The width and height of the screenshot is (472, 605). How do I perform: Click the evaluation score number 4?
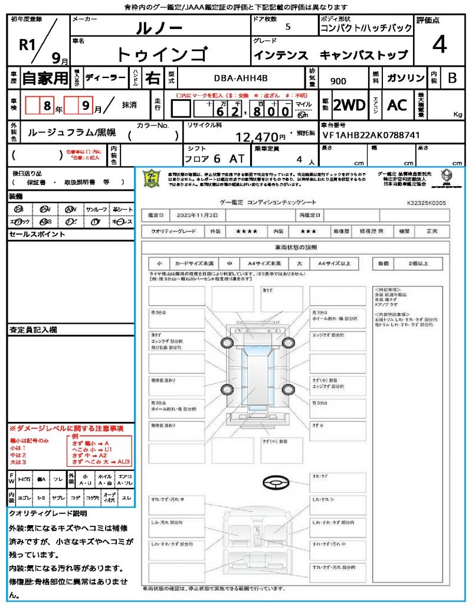click(439, 45)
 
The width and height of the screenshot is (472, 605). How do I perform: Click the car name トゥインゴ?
click(162, 54)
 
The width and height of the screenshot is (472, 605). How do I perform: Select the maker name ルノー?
click(159, 27)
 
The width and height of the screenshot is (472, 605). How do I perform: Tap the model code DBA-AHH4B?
click(240, 79)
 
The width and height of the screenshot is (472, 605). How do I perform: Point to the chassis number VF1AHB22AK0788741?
click(371, 135)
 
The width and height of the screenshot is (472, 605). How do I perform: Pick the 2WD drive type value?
click(349, 105)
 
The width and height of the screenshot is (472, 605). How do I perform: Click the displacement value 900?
click(338, 81)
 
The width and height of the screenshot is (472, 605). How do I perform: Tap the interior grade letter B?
click(452, 78)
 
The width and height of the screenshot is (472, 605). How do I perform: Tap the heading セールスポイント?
click(29, 235)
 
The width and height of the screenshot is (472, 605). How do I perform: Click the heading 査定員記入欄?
click(29, 330)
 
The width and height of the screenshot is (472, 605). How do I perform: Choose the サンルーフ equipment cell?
click(97, 210)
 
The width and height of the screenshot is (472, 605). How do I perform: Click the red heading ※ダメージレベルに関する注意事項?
click(66, 428)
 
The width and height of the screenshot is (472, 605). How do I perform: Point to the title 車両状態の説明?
click(296, 247)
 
